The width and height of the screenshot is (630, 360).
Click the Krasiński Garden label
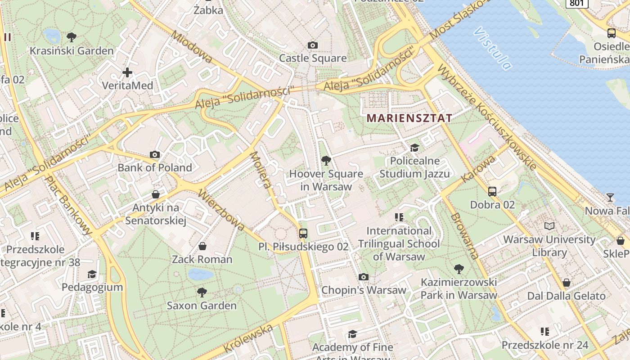pyautogui.click(x=72, y=50)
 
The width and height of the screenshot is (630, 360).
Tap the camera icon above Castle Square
pyautogui.click(x=313, y=45)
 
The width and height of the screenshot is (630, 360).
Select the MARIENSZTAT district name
pyautogui.click(x=409, y=118)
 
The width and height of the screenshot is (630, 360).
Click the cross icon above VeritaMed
pyautogui.click(x=127, y=72)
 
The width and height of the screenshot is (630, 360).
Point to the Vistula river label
pyautogui.click(x=493, y=48)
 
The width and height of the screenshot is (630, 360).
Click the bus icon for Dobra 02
pyautogui.click(x=492, y=191)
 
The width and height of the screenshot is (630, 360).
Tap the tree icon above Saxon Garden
pyautogui.click(x=202, y=292)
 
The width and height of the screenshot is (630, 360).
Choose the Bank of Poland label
pyautogui.click(x=155, y=168)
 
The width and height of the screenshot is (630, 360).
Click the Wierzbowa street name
pyautogui.click(x=221, y=210)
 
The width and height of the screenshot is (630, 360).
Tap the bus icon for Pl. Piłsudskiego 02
pyautogui.click(x=303, y=233)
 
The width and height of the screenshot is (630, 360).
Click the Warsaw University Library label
pyautogui.click(x=549, y=246)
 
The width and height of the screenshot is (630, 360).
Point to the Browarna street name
pyautogui.click(x=465, y=235)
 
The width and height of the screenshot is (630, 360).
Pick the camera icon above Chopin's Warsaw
pyautogui.click(x=364, y=277)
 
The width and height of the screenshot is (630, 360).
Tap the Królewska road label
pyautogui.click(x=248, y=338)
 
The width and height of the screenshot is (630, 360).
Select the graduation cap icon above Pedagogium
pyautogui.click(x=92, y=274)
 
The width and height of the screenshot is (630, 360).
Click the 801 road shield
pyautogui.click(x=576, y=3)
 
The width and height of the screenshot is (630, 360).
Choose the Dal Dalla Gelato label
pyautogui.click(x=566, y=296)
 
